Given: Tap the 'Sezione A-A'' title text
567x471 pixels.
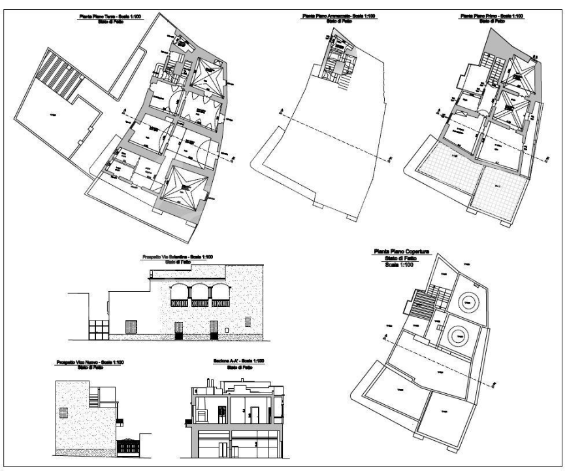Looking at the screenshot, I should click(x=233, y=362).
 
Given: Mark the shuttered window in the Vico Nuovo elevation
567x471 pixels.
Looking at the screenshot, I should click(x=63, y=413).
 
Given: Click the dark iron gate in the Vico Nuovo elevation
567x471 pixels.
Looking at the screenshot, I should click(x=129, y=447).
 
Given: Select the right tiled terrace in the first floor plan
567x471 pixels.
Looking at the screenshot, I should click(x=500, y=192).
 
